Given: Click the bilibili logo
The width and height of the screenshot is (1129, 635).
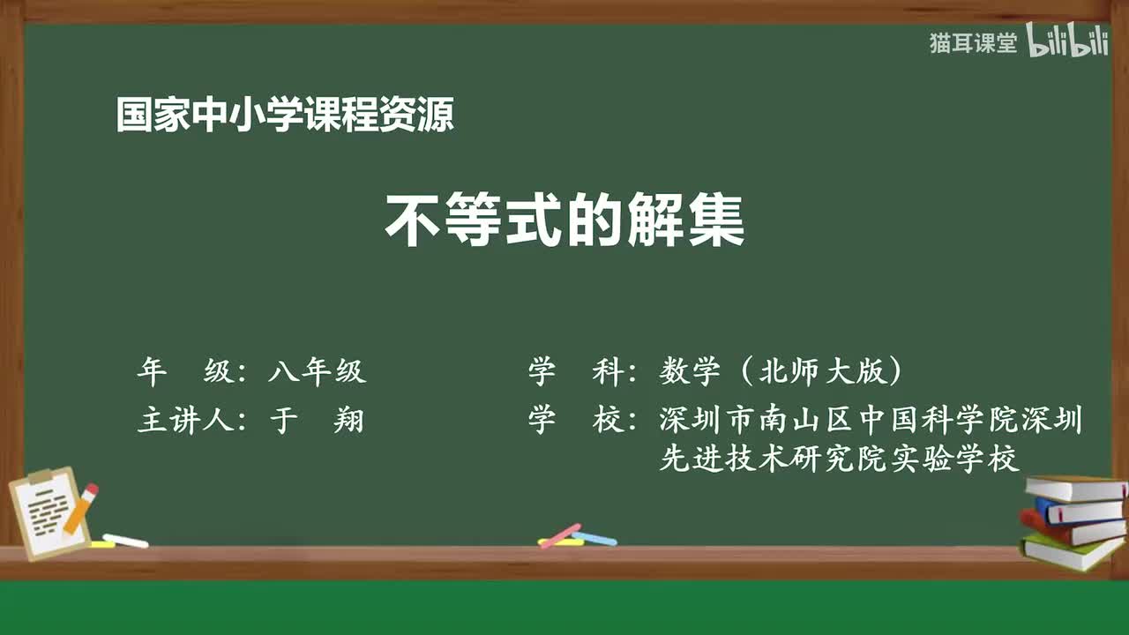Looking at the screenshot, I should pyautogui.click(x=1067, y=42).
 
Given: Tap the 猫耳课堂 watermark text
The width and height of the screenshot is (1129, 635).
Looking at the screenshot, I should pyautogui.click(x=973, y=43).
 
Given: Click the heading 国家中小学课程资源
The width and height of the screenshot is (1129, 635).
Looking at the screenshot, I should pyautogui.click(x=285, y=116).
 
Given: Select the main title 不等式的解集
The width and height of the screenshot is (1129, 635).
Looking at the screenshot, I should pyautogui.click(x=564, y=221).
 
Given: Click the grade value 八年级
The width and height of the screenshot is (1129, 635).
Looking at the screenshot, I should pyautogui.click(x=317, y=372).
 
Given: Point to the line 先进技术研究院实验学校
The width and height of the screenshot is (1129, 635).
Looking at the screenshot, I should pyautogui.click(x=839, y=459).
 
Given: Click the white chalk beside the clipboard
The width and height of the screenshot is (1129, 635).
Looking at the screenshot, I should pyautogui.click(x=125, y=541).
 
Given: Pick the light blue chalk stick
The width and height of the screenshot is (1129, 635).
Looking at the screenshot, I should pyautogui.click(x=594, y=538).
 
